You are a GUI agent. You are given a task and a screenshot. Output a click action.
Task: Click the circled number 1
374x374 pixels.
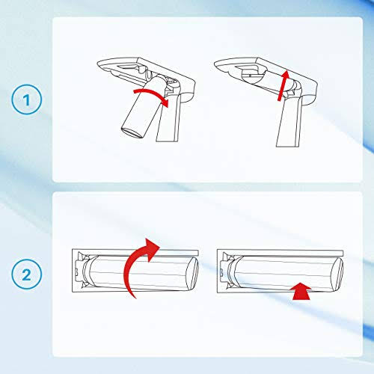point(27,99)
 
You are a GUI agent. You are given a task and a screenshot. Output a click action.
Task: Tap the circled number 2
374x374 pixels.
point(27,275)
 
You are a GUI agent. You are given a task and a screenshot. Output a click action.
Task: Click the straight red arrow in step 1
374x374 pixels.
point(283,85)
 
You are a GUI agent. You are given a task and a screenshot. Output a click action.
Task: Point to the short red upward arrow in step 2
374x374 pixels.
point(301,291)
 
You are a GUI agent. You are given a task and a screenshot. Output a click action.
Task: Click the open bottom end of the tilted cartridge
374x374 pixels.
point(132,132)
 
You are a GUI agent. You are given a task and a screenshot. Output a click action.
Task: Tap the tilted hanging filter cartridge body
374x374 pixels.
point(144,107)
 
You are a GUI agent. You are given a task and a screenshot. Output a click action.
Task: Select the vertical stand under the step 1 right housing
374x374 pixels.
point(289,122)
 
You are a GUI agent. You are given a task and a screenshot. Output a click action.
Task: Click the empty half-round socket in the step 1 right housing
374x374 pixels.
point(252,76)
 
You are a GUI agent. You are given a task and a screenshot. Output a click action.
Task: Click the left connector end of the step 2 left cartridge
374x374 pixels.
point(82,270)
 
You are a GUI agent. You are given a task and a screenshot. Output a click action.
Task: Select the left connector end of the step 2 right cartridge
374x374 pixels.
point(227,271)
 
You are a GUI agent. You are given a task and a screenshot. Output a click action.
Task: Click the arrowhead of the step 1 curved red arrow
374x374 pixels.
point(165,102)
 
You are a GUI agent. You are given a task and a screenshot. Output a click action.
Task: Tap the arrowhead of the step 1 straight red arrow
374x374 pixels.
point(286,75)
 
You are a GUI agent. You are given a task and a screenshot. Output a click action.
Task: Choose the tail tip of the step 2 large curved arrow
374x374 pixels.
point(135,298)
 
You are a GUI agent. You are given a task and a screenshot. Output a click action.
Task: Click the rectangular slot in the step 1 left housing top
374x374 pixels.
point(129,67)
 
